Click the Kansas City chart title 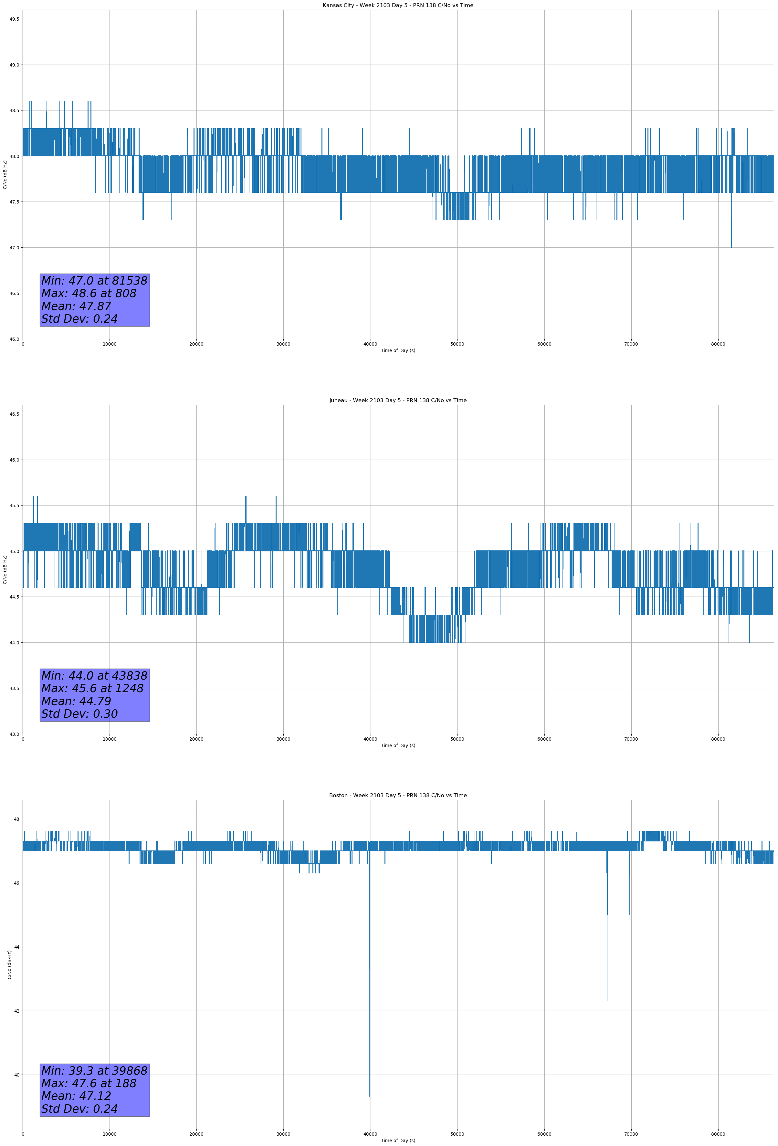(398, 5)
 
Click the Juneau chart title (398, 401)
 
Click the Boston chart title (398, 796)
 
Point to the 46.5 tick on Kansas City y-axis (14, 293)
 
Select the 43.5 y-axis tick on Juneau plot (14, 688)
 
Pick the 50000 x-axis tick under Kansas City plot (457, 344)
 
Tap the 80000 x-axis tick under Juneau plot (718, 739)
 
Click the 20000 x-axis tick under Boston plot (196, 1134)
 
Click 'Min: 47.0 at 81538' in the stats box (94, 281)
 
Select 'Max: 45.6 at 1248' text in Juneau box (92, 688)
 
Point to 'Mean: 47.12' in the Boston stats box (77, 1096)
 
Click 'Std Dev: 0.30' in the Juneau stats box (79, 714)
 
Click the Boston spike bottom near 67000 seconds (607, 1001)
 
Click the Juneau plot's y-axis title (5, 569)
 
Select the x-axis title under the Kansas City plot (398, 350)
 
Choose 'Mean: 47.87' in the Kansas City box (77, 306)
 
